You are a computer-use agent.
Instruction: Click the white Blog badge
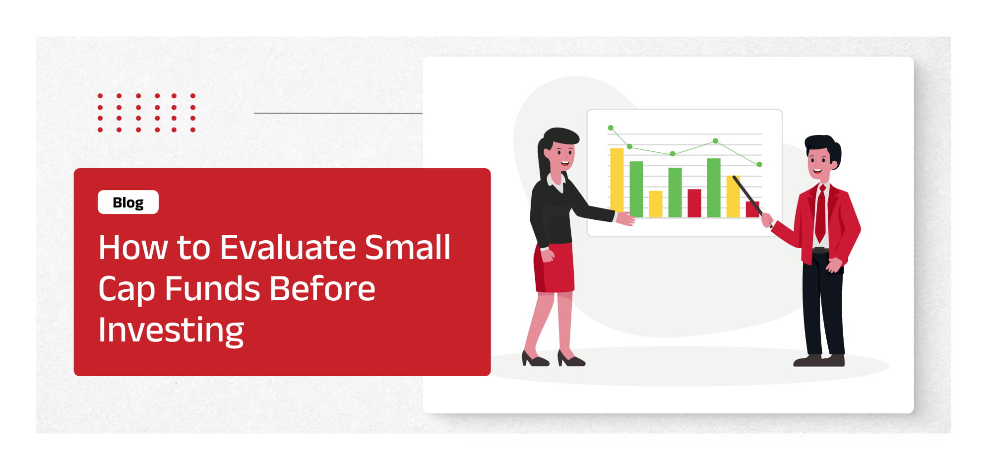coord(128,202)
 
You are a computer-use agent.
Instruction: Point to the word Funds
coord(212,288)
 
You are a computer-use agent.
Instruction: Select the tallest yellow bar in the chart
coord(617,182)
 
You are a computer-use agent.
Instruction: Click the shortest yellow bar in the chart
coord(656,204)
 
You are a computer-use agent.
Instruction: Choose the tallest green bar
coord(714,188)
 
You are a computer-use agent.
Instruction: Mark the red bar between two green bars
coord(694,203)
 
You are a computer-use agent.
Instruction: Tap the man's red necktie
coord(820,213)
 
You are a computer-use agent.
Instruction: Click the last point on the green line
coord(759,164)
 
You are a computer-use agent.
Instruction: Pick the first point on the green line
coord(611,128)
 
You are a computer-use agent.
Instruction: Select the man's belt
coord(821,250)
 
